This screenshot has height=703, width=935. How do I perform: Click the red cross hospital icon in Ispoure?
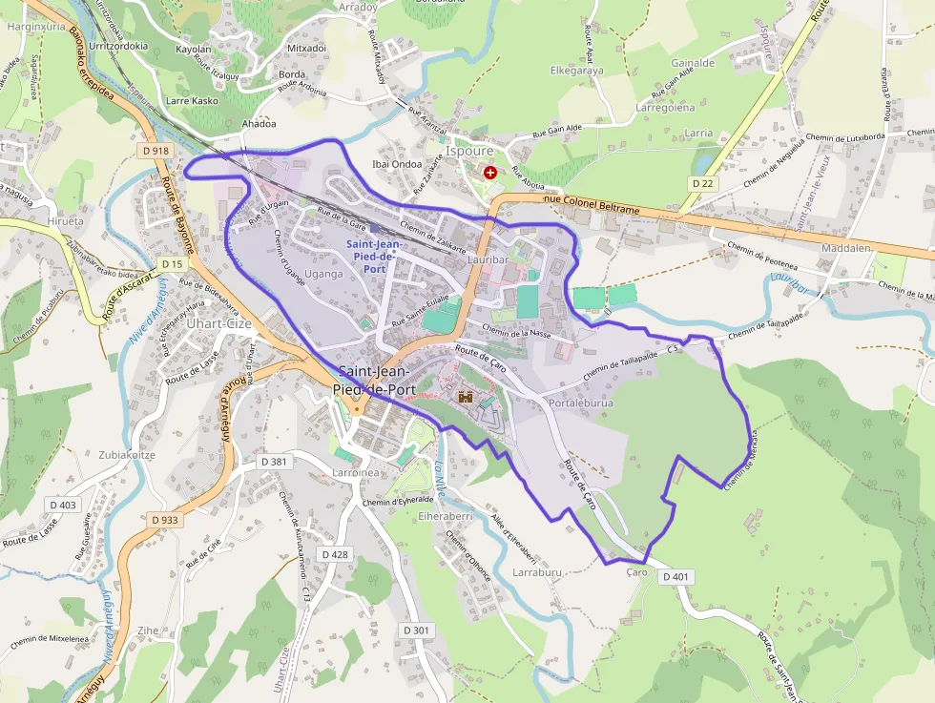(x=490, y=173)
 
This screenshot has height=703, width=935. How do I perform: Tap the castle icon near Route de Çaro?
(x=467, y=397)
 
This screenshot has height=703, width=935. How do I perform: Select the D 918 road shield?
(x=155, y=151)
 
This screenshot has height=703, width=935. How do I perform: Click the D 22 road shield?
(x=702, y=183)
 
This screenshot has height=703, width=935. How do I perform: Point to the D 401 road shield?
(x=674, y=576)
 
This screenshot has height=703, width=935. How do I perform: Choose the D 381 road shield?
(x=274, y=462)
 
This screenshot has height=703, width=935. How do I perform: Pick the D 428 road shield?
(x=335, y=554)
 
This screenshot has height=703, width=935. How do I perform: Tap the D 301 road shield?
(x=417, y=631)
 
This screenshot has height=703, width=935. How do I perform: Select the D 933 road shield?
(x=164, y=520)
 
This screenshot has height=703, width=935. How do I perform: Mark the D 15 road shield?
(x=172, y=263)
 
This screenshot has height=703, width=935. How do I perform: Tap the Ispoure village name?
(x=469, y=151)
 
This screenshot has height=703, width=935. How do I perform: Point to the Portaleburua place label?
(x=581, y=403)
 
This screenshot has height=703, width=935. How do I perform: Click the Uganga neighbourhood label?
(x=322, y=274)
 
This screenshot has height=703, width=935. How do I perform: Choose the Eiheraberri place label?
(x=446, y=516)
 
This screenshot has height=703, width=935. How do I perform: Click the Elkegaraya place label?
(x=577, y=70)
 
